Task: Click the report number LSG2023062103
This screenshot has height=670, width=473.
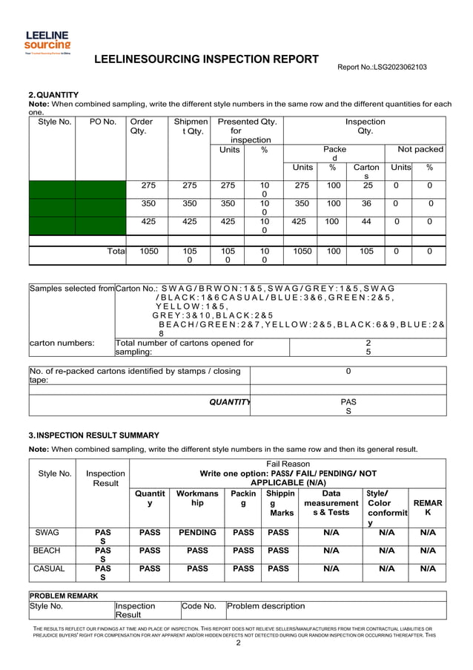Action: pyautogui.click(x=382, y=68)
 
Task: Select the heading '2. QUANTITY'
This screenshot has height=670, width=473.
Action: pyautogui.click(x=53, y=95)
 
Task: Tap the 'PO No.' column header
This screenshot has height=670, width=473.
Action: pyautogui.click(x=100, y=122)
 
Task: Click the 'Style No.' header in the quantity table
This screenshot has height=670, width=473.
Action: pyautogui.click(x=52, y=122)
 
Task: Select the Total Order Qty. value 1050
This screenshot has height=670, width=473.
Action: pyautogui.click(x=149, y=252)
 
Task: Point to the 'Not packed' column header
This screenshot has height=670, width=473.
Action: pyautogui.click(x=420, y=149)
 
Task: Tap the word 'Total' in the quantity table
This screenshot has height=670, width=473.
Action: pyautogui.click(x=116, y=252)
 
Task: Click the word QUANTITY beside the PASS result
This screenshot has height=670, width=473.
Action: pyautogui.click(x=229, y=402)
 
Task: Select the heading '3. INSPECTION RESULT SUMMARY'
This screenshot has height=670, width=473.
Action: pyautogui.click(x=93, y=435)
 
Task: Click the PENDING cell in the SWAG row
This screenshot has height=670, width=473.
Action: pyautogui.click(x=197, y=533)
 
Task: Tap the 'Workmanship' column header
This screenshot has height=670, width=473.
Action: pyautogui.click(x=197, y=498)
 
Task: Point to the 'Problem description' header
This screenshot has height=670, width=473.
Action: pyautogui.click(x=265, y=606)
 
